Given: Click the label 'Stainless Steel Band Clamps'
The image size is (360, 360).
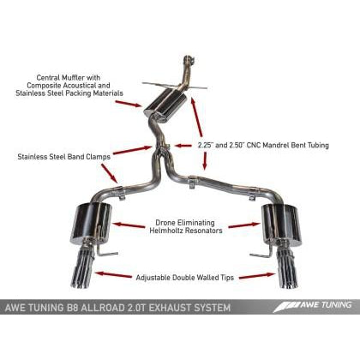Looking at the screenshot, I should pyautogui.click(x=56, y=157).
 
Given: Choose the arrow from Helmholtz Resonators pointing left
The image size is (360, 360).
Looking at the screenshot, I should pyautogui.click(x=126, y=225).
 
